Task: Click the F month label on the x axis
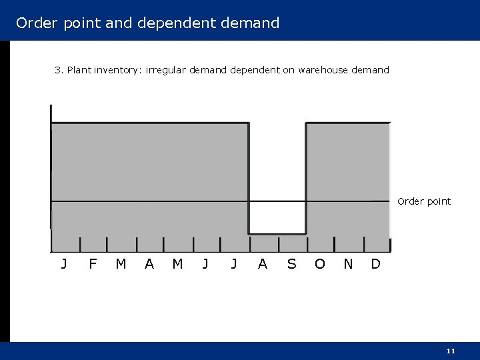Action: click(x=93, y=264)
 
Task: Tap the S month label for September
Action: click(x=291, y=264)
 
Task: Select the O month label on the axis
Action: click(x=320, y=264)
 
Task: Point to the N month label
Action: click(x=348, y=264)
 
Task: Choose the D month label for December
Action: click(x=375, y=264)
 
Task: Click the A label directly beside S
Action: click(x=263, y=264)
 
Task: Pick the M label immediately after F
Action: click(x=121, y=264)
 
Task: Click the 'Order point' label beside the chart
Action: click(x=424, y=201)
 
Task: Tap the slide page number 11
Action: click(x=451, y=351)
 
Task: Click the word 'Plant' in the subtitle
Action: click(x=79, y=70)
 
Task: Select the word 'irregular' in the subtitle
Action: click(x=166, y=70)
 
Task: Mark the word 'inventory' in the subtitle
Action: click(x=117, y=70)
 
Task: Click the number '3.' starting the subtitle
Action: click(x=59, y=70)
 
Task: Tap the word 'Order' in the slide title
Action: click(x=37, y=23)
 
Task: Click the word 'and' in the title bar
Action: click(x=119, y=23)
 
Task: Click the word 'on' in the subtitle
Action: click(x=289, y=70)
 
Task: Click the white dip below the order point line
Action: click(x=277, y=217)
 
